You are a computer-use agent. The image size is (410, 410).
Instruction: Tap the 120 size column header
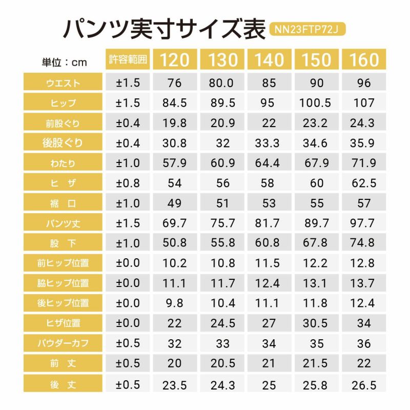tap(174, 60)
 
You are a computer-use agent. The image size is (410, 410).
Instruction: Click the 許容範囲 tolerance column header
tap(128, 59)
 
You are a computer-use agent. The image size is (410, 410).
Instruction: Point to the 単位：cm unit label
tap(64, 63)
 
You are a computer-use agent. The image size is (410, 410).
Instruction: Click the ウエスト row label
tap(64, 83)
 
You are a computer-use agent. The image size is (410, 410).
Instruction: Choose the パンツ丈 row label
tap(64, 223)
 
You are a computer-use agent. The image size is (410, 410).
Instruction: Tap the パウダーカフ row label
tap(64, 343)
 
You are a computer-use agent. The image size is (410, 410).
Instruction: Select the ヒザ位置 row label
tap(64, 323)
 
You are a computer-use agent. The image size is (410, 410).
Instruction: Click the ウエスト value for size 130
tap(222, 83)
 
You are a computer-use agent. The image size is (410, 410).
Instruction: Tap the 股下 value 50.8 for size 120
tap(174, 243)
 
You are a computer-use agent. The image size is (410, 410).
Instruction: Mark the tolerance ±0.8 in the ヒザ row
tap(128, 183)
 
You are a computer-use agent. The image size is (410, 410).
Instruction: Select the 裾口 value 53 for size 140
tap(269, 203)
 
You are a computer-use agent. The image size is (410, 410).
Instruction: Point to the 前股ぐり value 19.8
tap(174, 123)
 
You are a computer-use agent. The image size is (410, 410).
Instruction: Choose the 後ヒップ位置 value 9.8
tap(174, 303)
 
